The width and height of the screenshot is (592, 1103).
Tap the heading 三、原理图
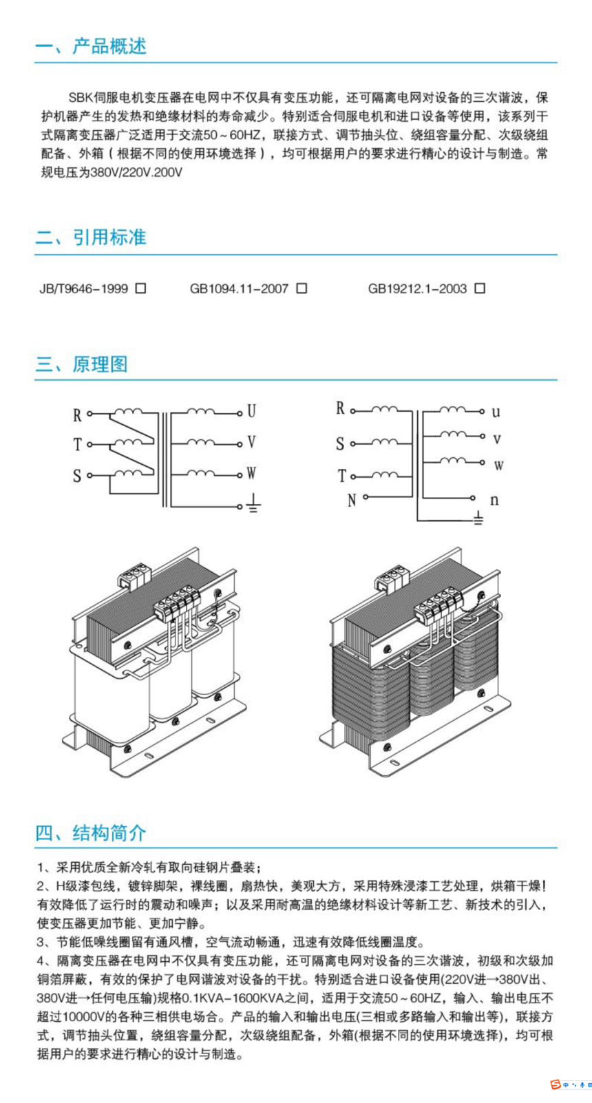pyautogui.click(x=81, y=364)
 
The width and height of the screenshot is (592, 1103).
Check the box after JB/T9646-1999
pyautogui.click(x=141, y=288)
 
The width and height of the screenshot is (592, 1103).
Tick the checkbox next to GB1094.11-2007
pyautogui.click(x=302, y=288)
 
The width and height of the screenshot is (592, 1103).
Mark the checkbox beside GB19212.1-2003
pyautogui.click(x=480, y=288)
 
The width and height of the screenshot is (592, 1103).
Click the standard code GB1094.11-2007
pyautogui.click(x=239, y=289)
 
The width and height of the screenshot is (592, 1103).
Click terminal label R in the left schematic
pyautogui.click(x=77, y=415)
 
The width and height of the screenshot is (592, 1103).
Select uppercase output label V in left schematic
pyautogui.click(x=251, y=442)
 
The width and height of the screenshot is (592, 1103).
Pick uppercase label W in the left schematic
pyautogui.click(x=251, y=474)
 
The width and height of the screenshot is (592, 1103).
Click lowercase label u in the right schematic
pyautogui.click(x=496, y=412)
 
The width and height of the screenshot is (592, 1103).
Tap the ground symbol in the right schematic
pyautogui.click(x=479, y=518)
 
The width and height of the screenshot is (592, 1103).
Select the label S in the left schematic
pyautogui.click(x=77, y=476)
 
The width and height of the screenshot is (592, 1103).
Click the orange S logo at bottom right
pyautogui.click(x=555, y=1085)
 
